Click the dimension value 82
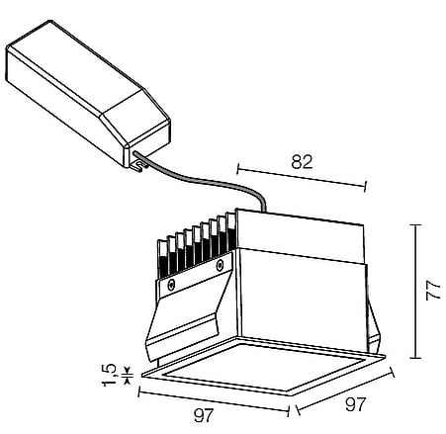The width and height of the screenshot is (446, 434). tap(302, 161)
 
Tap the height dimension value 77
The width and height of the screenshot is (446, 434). tap(433, 291)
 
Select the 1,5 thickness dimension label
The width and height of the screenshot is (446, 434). tap(110, 375)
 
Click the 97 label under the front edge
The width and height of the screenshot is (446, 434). tap(204, 415)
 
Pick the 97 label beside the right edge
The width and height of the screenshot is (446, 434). tap(356, 404)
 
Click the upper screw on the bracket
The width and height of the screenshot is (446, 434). tap(220, 264)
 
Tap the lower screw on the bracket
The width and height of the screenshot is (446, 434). tap(171, 285)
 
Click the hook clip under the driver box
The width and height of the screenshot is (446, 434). tap(138, 166)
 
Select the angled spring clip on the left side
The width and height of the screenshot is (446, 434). tap(185, 313)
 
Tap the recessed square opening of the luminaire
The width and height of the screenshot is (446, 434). tap(264, 366)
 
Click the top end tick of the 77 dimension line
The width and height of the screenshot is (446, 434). tap(415, 224)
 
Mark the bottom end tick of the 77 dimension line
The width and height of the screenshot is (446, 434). tap(415, 358)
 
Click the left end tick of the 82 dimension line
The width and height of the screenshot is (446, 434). tap(237, 168)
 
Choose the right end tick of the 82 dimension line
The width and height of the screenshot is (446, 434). tap(365, 186)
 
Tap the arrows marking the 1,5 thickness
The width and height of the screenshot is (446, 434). tap(128, 375)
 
